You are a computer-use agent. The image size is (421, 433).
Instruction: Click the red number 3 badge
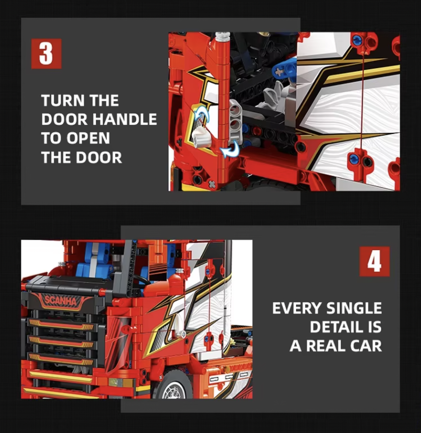[x=46, y=54]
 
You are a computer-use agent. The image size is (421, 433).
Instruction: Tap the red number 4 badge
[x=374, y=261]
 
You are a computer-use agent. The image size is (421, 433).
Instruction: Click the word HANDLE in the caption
[x=125, y=119]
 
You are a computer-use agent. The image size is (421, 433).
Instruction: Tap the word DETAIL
[x=336, y=327]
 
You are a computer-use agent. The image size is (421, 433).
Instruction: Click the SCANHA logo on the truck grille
[x=61, y=300]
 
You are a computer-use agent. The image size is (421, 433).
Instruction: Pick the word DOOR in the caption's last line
[x=99, y=158]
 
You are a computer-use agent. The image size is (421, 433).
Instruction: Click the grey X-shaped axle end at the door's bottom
[x=212, y=184]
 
